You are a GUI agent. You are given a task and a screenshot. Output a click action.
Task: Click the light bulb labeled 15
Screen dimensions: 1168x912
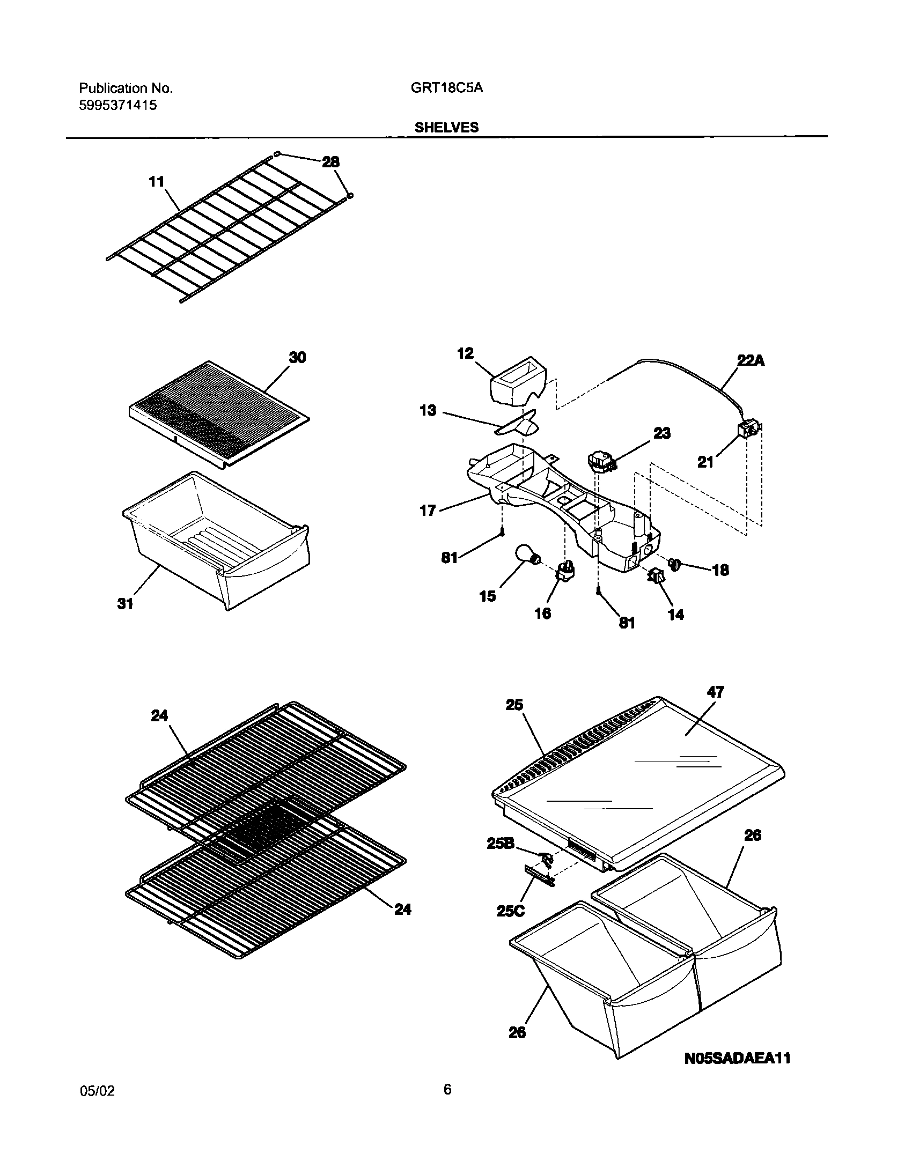point(526,553)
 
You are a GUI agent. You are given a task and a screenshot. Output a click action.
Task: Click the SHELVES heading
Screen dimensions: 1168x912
point(446,128)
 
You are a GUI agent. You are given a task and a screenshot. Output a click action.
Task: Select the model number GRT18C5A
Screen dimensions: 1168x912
point(447,88)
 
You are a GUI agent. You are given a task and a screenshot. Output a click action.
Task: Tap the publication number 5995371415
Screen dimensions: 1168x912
point(118,106)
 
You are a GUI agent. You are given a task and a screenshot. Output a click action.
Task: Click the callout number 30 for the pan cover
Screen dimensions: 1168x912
point(297,358)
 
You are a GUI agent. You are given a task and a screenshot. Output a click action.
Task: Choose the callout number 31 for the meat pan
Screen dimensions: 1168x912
point(125,604)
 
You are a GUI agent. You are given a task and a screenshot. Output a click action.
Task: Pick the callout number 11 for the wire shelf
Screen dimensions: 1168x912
point(156,182)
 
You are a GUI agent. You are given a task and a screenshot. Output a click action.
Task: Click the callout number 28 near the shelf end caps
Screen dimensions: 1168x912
point(330,161)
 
